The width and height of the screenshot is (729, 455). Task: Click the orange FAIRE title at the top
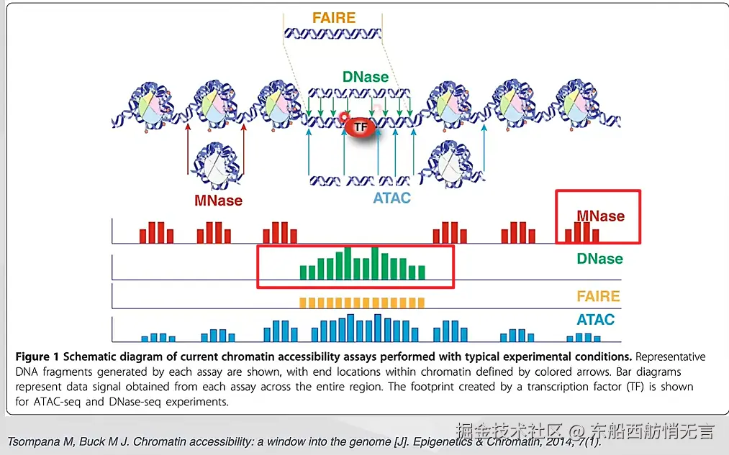334,17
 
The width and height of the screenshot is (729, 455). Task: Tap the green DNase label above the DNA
365,77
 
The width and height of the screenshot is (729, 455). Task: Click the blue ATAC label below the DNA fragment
392,198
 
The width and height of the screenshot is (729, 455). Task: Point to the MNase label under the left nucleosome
218,201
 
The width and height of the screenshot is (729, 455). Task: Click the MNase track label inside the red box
600,216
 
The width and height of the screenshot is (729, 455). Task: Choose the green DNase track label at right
599,259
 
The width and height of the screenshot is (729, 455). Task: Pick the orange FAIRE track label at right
598,296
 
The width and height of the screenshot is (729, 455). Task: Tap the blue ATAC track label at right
596,319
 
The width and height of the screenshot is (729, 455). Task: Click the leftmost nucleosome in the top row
153,104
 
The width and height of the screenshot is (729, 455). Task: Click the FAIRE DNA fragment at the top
334,33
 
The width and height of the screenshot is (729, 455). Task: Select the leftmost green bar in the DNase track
303,272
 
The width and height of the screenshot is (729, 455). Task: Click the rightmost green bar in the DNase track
421,272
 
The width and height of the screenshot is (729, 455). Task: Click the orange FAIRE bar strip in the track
362,303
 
